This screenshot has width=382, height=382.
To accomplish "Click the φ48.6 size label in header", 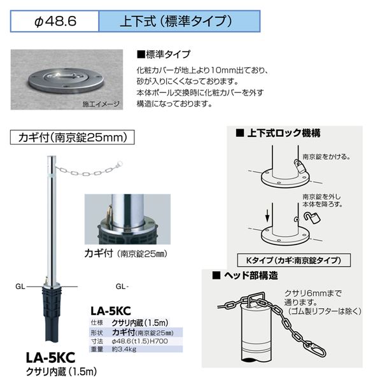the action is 55,21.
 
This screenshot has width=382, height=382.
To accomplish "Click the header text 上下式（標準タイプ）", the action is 176,21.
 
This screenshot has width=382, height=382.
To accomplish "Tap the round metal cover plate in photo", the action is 66,81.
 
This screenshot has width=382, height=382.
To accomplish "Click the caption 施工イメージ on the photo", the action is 101,104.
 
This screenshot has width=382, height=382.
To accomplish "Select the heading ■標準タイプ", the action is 164,54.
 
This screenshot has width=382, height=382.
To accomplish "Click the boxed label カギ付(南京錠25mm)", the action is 73,137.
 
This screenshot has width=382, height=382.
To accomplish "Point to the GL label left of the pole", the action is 20,286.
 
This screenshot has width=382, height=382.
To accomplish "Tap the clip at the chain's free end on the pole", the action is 120,164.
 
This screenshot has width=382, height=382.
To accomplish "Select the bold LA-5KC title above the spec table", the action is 111,311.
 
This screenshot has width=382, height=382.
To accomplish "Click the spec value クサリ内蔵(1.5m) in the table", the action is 140,323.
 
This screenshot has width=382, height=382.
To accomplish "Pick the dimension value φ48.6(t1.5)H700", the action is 140,341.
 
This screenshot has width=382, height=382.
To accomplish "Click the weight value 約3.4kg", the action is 124,349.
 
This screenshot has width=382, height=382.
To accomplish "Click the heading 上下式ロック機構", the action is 284,133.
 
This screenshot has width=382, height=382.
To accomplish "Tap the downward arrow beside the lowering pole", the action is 267,215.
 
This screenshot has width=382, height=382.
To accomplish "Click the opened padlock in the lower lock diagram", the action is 313,217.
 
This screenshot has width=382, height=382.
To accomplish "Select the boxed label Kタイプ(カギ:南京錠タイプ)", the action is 294,260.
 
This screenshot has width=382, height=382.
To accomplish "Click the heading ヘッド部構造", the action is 251,276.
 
